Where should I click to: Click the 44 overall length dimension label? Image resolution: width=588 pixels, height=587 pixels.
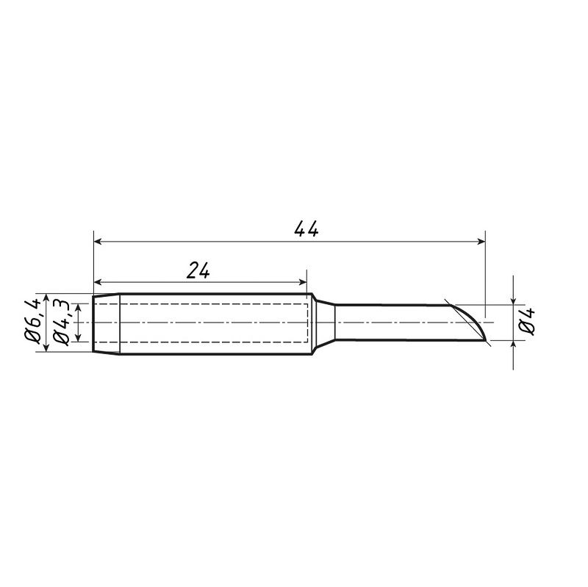click(x=306, y=228)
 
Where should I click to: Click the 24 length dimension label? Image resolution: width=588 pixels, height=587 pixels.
click(x=198, y=270)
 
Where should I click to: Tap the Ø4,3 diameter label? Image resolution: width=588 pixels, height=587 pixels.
click(x=61, y=323)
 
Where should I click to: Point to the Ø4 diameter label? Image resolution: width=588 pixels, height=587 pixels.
click(x=526, y=322)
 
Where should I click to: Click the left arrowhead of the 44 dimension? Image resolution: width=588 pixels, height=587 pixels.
click(x=98, y=242)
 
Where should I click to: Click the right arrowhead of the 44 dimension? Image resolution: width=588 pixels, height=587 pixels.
click(x=481, y=242)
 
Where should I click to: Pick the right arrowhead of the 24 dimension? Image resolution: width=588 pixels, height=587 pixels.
click(x=302, y=282)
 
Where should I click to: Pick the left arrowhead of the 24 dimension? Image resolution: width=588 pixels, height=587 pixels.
click(x=98, y=282)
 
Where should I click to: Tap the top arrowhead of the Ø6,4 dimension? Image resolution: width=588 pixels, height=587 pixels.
click(x=46, y=298)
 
